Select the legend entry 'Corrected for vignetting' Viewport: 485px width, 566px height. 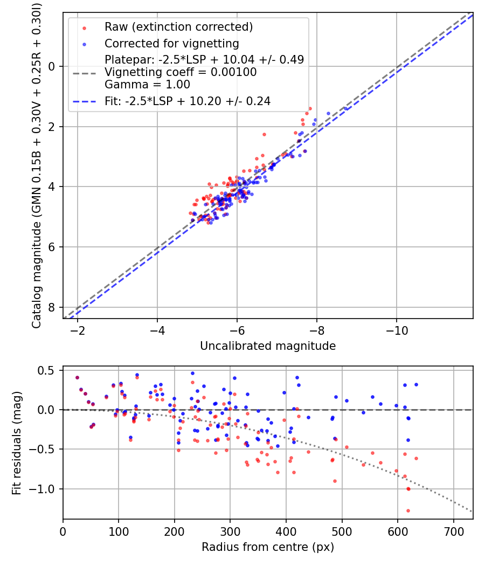point(171,43)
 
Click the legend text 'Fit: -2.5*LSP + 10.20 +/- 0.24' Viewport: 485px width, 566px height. point(187,101)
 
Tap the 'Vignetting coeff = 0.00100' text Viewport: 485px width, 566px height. point(181,72)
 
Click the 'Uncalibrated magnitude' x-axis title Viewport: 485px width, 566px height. point(268,346)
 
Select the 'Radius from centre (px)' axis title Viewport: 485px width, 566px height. point(268,547)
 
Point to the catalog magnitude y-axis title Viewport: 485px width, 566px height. point(36,164)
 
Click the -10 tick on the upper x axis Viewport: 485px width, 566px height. point(397,330)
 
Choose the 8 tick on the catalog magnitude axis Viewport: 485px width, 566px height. point(52,307)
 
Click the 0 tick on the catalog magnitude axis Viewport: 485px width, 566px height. point(52,66)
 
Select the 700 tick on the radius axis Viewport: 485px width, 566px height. point(453,531)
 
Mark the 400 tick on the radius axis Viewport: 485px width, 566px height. point(286,531)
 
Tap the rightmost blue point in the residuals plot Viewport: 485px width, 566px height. point(416,384)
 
